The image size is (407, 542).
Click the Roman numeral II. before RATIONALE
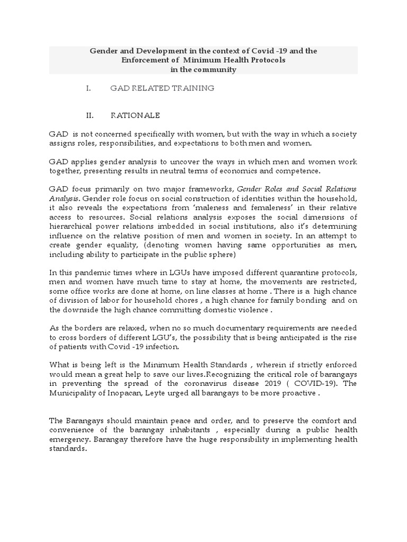[x=90, y=115]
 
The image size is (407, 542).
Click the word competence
[x=304, y=170]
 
